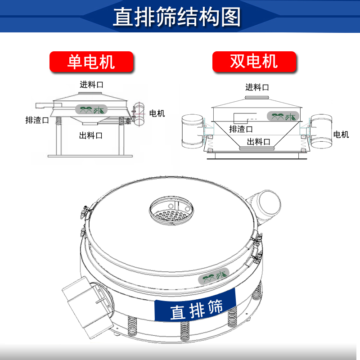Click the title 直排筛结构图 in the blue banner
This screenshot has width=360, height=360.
click(177, 17)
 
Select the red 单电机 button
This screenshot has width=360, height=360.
click(91, 62)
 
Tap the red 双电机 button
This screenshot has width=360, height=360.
click(254, 62)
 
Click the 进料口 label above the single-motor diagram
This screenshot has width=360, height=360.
click(91, 85)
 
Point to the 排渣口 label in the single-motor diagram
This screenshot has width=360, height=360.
click(37, 120)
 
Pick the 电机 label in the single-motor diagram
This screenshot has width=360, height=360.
click(157, 113)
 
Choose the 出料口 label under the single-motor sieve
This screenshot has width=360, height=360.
click(91, 135)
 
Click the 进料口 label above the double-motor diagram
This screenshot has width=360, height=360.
click(257, 87)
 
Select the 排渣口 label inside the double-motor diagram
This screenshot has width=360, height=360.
click(241, 129)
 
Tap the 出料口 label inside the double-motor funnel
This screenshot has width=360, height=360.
click(258, 142)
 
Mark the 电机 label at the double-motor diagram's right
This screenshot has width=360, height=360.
click(341, 134)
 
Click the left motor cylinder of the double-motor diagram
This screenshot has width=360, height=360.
click(192, 131)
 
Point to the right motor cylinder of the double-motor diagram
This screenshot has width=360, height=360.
click(321, 131)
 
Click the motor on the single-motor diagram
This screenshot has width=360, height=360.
click(139, 114)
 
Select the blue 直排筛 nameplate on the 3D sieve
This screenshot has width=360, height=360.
click(195, 306)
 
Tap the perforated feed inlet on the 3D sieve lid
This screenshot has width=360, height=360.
click(171, 210)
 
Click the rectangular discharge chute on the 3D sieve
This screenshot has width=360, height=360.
click(88, 306)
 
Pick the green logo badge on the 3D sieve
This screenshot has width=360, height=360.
click(214, 276)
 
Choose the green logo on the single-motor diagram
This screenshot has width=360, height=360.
click(91, 109)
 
